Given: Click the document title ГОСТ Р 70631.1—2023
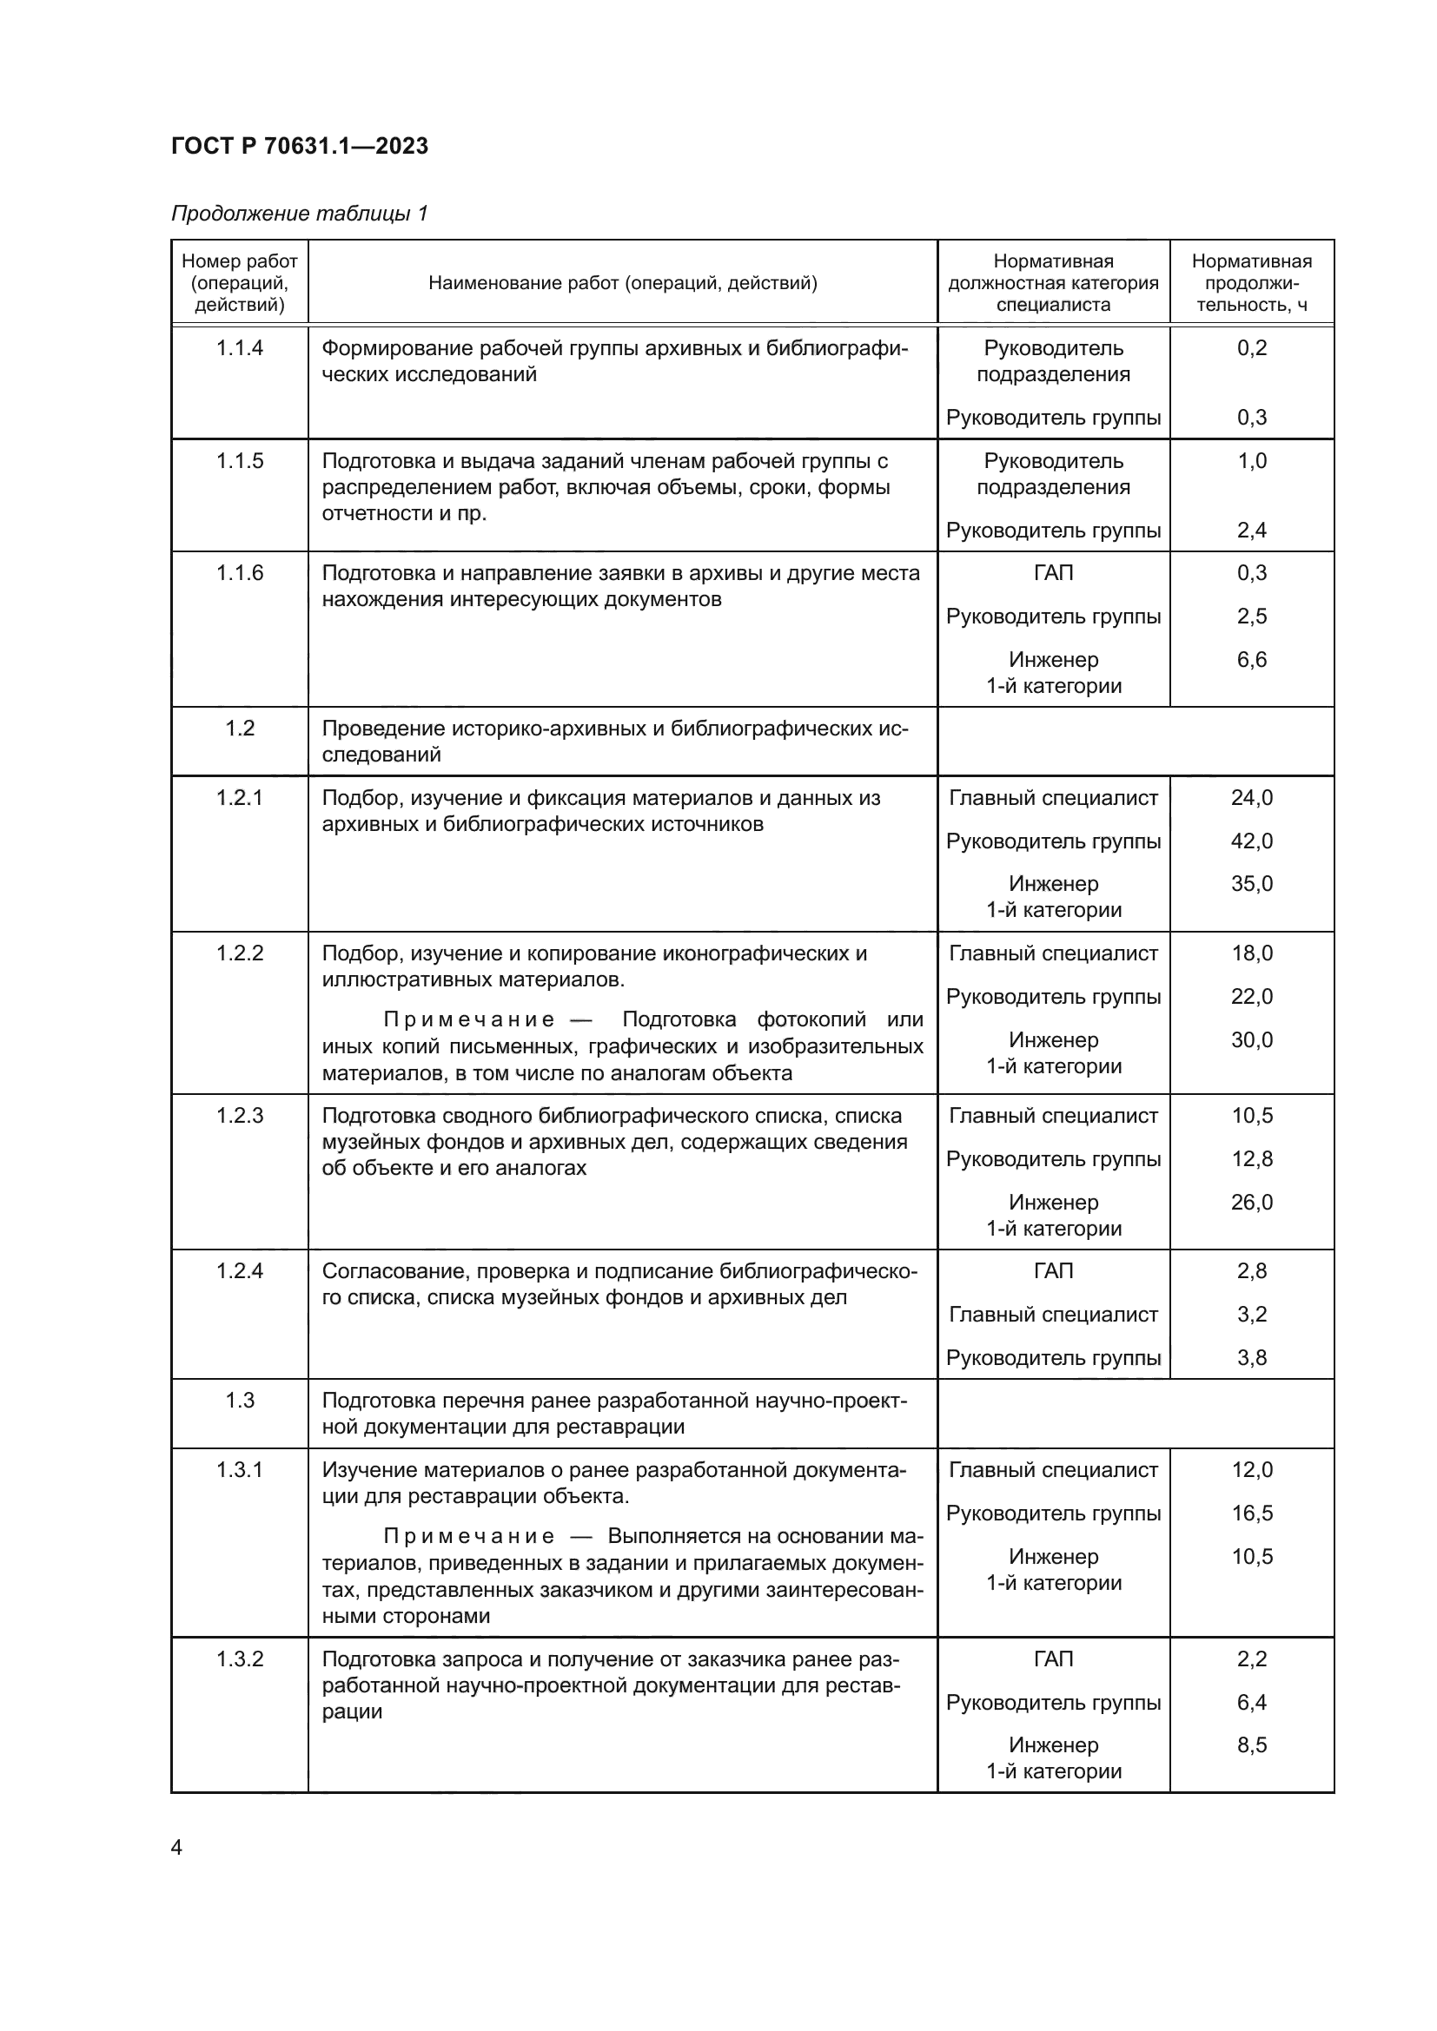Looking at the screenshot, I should (x=299, y=146).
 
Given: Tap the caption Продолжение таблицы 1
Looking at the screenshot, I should (x=299, y=214).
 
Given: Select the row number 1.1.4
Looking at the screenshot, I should (x=240, y=347).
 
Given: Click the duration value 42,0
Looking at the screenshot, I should (x=1251, y=841).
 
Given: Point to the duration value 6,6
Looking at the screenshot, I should (x=1251, y=659).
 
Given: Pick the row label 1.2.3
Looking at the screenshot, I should (x=240, y=1116).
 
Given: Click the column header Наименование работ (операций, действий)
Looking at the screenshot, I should (x=622, y=283).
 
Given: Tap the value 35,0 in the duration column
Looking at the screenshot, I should (x=1251, y=883).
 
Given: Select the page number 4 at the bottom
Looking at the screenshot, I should (x=177, y=1847).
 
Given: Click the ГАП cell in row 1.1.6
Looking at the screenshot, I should (x=1053, y=573).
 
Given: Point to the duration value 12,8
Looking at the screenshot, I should (x=1251, y=1159).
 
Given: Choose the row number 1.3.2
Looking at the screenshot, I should (x=240, y=1658).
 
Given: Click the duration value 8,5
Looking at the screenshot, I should (x=1251, y=1744).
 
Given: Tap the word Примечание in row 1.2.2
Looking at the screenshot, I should (x=469, y=1020).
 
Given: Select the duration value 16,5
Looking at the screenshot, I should (x=1251, y=1513).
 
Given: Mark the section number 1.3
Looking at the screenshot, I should (x=240, y=1401).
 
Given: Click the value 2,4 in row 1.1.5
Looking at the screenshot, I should (x=1251, y=530).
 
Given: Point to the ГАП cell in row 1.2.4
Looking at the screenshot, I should (x=1053, y=1271).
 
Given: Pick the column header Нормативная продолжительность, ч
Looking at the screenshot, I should (x=1251, y=283).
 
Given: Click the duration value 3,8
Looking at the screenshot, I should (x=1251, y=1358).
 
